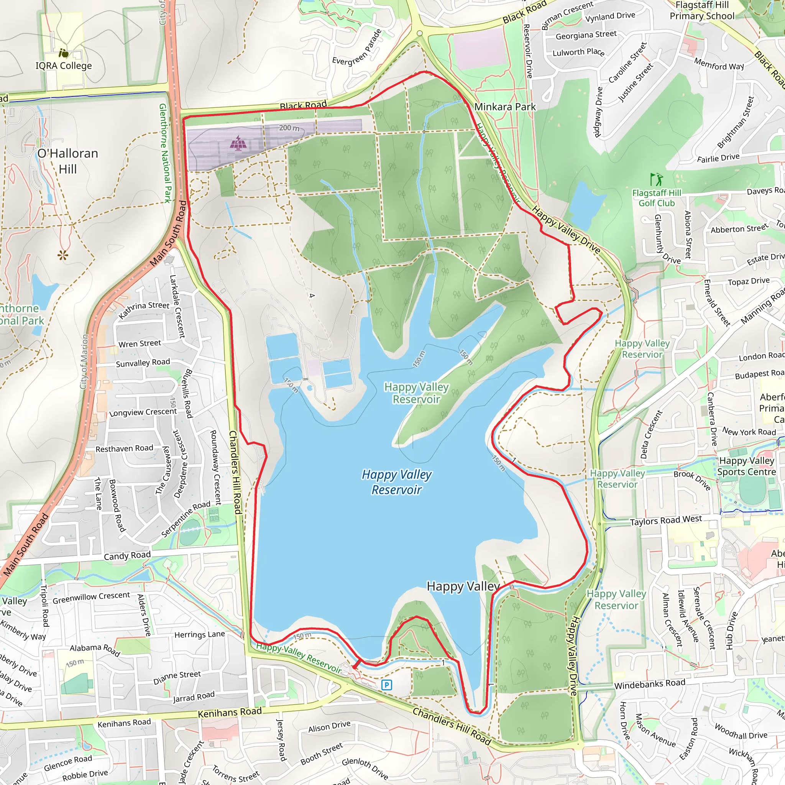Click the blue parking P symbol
pyautogui.click(x=386, y=685)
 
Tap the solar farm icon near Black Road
pyautogui.click(x=238, y=143)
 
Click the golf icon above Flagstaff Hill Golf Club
pyautogui.click(x=656, y=179)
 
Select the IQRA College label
pyautogui.click(x=64, y=66)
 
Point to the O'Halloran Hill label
pyautogui.click(x=68, y=161)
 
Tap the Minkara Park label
pyautogui.click(x=505, y=107)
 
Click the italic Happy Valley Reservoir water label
pyautogui.click(x=397, y=482)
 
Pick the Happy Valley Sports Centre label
pyautogui.click(x=746, y=466)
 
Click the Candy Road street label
pyautogui.click(x=127, y=556)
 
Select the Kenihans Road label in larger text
pyautogui.click(x=230, y=713)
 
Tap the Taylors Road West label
pyautogui.click(x=666, y=521)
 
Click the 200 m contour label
pyautogui.click(x=289, y=128)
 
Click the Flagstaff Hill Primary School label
pyautogui.click(x=702, y=11)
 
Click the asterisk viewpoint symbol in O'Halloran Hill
pyautogui.click(x=62, y=255)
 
